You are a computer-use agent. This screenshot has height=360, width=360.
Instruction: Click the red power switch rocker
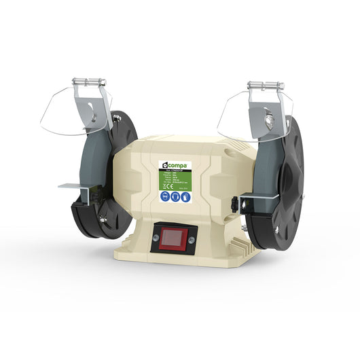point(174,238)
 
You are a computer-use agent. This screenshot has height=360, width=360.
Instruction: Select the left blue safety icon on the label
point(166,197)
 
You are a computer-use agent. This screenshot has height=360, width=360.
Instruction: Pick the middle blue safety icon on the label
point(176,197)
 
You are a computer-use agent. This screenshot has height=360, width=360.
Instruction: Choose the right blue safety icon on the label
point(186,197)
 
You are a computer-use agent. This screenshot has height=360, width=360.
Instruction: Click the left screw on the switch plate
point(156,238)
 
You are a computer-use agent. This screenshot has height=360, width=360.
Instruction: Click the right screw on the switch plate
point(192,238)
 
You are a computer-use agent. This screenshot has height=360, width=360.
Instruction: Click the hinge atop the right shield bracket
point(266,86)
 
